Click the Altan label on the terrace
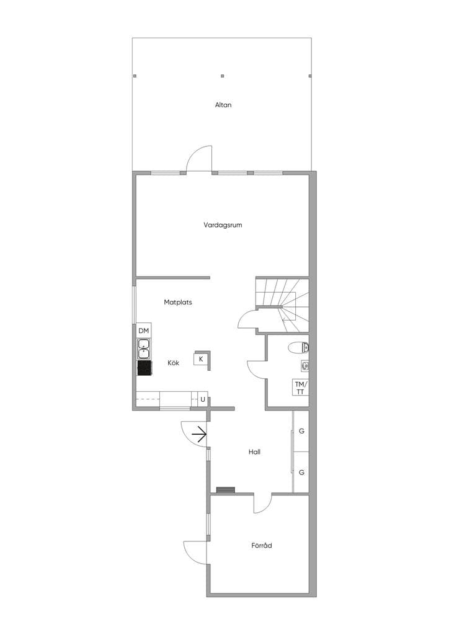tap(223, 105)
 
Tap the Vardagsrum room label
tap(223, 224)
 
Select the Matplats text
tap(178, 302)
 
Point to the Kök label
tap(173, 363)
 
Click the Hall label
tap(254, 452)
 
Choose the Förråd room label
tap(262, 546)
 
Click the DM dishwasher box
tap(144, 331)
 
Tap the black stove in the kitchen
tap(144, 368)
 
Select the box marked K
tap(201, 359)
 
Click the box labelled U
tap(202, 400)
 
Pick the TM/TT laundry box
tap(300, 388)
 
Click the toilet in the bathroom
tap(299, 347)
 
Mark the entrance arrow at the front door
tap(200, 435)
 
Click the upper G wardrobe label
tap(301, 432)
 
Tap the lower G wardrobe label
tap(301, 473)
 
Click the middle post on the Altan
tap(222, 76)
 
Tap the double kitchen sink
tap(144, 349)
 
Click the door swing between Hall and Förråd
tap(263, 504)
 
